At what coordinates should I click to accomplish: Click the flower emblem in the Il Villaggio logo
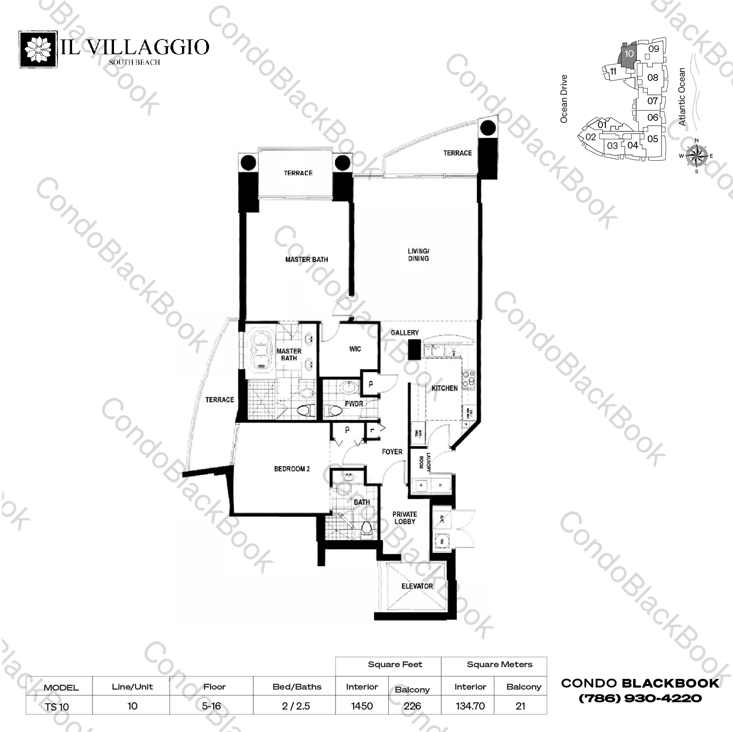tap(38, 50)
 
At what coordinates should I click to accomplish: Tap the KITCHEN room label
tap(444, 388)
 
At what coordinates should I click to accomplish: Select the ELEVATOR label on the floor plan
tap(417, 586)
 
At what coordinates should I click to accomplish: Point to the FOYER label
tap(392, 452)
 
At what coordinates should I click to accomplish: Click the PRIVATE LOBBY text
tap(405, 518)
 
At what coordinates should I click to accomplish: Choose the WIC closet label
tap(355, 349)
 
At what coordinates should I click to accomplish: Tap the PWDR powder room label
tap(354, 404)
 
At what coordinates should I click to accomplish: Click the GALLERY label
tap(404, 333)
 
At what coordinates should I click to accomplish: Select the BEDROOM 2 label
tap(292, 469)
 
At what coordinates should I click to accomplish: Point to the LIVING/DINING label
tap(418, 255)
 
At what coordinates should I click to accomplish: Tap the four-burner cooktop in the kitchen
tap(468, 380)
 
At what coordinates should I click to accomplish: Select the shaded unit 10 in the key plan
tap(629, 54)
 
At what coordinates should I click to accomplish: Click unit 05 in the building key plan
tap(653, 139)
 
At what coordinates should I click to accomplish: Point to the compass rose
tap(696, 156)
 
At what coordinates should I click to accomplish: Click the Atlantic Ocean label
tap(682, 97)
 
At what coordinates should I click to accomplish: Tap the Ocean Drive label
tap(564, 98)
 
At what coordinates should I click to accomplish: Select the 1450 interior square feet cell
tap(362, 706)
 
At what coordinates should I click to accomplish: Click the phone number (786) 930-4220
tap(640, 698)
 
